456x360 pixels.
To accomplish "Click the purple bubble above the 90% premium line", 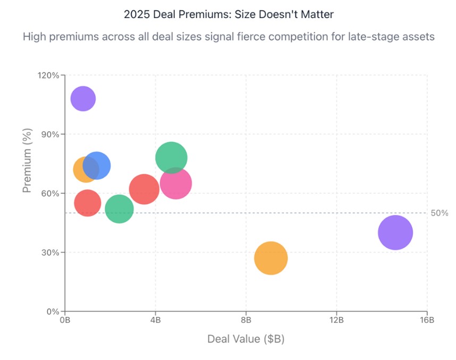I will tap(83, 98).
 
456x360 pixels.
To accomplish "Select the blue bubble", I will tap(97, 165).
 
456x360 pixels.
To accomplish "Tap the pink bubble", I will tap(176, 183).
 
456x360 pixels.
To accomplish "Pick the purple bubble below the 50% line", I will tap(395, 232).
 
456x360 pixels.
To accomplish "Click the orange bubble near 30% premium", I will tap(271, 258).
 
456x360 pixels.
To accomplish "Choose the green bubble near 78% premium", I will tap(171, 158).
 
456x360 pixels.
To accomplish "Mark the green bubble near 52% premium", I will tap(119, 209).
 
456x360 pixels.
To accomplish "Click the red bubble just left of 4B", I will tap(143, 189).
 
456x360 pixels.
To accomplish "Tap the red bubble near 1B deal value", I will tap(87, 203).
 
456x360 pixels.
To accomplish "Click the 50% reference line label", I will tap(439, 213).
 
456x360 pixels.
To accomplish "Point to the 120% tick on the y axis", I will tap(48, 76).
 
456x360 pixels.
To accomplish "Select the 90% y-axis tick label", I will tap(50, 135).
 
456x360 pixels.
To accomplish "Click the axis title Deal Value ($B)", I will tap(246, 339).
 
